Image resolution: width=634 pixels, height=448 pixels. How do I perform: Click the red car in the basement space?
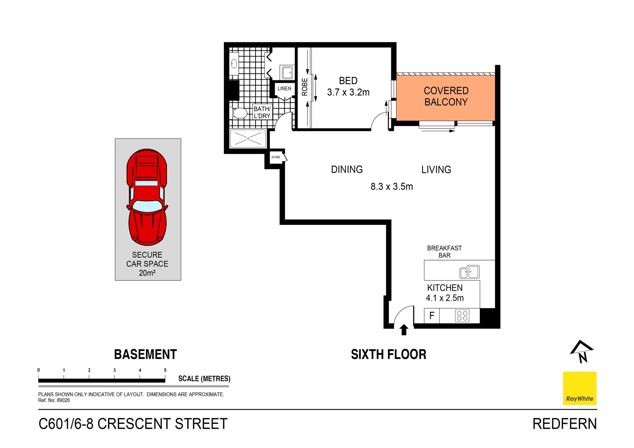(x=147, y=197)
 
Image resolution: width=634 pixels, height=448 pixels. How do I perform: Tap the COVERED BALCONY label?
(x=446, y=96)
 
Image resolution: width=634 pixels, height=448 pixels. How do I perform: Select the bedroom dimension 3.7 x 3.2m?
(x=348, y=92)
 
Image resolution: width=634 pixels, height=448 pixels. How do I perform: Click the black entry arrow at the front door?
(x=404, y=329)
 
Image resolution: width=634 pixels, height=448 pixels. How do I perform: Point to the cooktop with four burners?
(x=462, y=316)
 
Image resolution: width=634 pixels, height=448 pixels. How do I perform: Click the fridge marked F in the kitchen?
(x=432, y=316)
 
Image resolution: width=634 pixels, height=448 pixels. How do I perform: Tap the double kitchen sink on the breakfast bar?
(x=470, y=272)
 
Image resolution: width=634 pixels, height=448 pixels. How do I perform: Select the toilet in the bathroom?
(x=240, y=114)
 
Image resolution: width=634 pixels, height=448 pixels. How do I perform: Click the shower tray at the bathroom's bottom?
(x=248, y=138)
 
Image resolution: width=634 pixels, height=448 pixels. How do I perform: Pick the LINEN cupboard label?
(x=284, y=88)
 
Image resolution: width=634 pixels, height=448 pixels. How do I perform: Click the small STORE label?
(x=276, y=157)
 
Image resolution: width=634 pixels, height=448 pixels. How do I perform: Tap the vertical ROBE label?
(x=304, y=87)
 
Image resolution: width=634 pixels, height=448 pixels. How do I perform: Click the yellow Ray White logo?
(x=580, y=388)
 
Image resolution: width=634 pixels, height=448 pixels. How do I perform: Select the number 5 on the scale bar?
(x=165, y=370)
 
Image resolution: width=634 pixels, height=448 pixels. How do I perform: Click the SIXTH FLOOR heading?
(x=388, y=355)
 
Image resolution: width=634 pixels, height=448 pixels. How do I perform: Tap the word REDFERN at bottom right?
(x=564, y=424)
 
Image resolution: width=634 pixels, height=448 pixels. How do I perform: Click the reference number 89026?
(x=63, y=400)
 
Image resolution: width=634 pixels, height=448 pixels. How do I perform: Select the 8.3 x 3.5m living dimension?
(x=392, y=187)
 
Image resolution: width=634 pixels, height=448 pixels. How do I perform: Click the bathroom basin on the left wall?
(x=234, y=64)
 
